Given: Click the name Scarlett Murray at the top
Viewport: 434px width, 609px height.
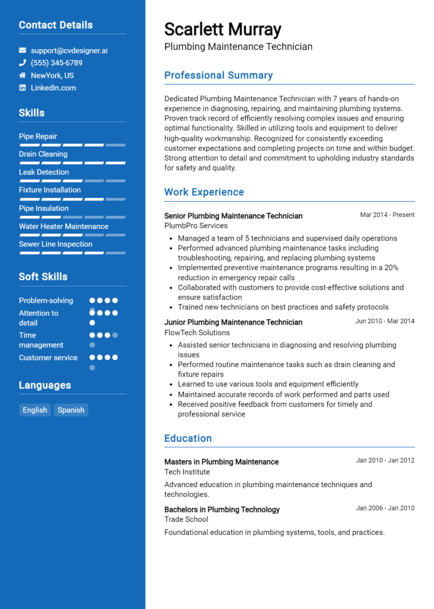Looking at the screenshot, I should click(x=223, y=29).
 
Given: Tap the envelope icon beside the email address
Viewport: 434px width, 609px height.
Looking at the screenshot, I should click(x=23, y=50).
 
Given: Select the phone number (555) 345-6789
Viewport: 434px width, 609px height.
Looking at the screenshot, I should click(x=57, y=63).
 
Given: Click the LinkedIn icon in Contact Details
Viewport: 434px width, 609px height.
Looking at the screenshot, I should click(x=23, y=88).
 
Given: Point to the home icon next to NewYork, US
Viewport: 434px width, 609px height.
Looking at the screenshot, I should click(x=23, y=75).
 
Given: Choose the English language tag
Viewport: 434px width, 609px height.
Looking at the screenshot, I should click(x=35, y=410).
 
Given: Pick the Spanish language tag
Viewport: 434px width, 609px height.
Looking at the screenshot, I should click(x=71, y=410).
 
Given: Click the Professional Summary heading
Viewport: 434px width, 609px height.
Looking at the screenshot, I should click(x=218, y=75).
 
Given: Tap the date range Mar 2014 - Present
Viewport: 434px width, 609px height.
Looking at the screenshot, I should click(x=387, y=215).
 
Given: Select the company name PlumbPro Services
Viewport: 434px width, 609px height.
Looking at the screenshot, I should click(x=196, y=226).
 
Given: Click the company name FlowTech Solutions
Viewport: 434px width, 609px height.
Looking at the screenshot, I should click(x=197, y=332).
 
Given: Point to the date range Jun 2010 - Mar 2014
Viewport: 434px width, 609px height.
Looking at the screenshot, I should click(x=385, y=321).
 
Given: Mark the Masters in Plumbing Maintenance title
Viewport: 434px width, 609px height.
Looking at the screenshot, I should click(x=222, y=462).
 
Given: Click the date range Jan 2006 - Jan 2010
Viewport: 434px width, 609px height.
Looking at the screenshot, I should click(x=385, y=508).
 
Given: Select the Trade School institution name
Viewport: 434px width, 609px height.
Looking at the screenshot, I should click(x=186, y=519).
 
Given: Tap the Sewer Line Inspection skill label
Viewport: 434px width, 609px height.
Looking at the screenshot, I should click(x=55, y=244).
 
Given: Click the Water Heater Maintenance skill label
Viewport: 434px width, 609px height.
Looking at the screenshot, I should click(x=63, y=226).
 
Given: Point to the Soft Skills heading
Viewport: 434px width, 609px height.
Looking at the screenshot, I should click(x=43, y=276).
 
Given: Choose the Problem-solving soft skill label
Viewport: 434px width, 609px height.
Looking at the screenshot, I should click(x=46, y=301).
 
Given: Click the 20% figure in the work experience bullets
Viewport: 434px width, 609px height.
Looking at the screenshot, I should click(x=391, y=268).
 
